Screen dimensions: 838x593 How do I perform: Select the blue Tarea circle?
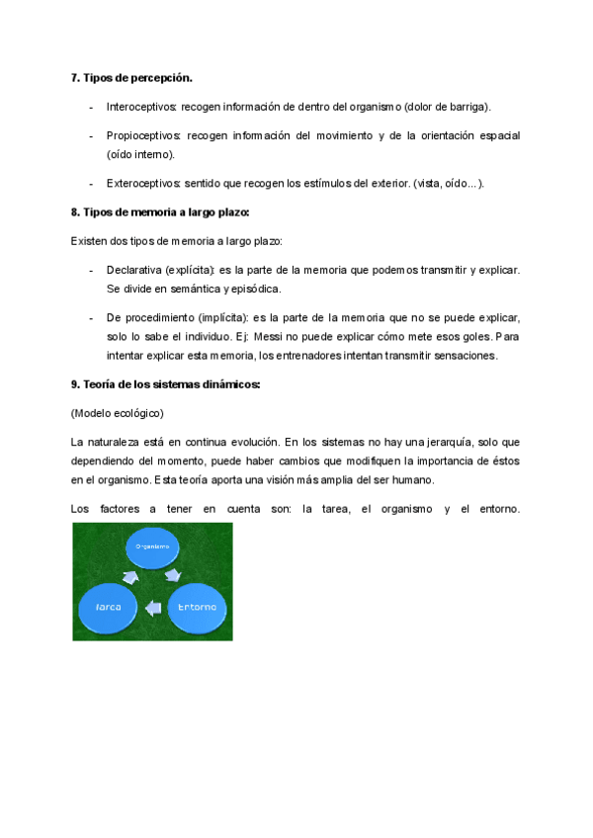(x=108, y=607)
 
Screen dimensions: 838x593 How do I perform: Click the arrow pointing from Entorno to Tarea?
(x=153, y=608)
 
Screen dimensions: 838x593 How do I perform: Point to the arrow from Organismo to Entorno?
(x=173, y=575)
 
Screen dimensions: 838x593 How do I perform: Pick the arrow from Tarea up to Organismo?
(x=128, y=576)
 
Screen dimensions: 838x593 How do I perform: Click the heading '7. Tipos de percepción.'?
(x=131, y=77)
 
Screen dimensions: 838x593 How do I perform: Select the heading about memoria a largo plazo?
(x=160, y=212)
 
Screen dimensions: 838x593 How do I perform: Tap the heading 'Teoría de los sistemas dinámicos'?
(x=165, y=384)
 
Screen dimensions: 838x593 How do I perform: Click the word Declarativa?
(x=133, y=270)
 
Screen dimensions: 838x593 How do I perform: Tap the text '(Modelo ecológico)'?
(x=118, y=412)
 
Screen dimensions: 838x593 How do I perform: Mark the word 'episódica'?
(x=255, y=289)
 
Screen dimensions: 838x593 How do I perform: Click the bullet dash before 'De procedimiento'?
(x=90, y=318)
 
